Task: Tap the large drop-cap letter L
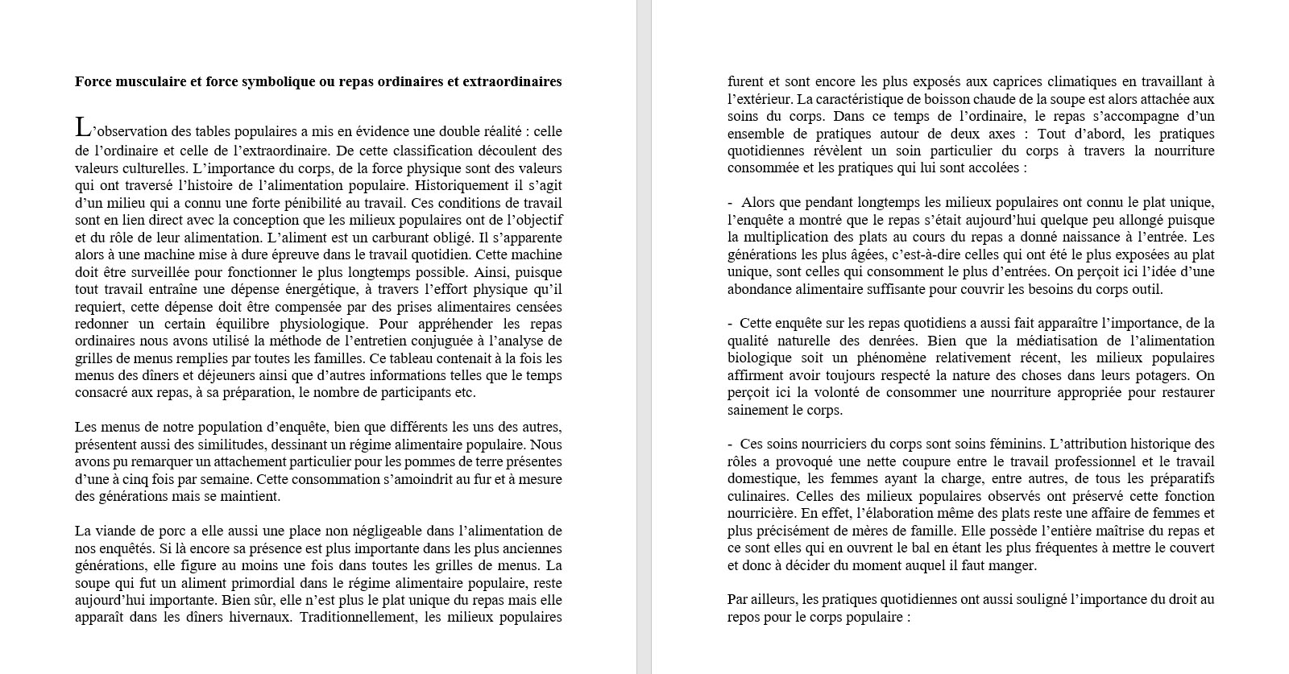point(82,127)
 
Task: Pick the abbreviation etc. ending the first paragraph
point(466,393)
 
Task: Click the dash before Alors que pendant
point(730,202)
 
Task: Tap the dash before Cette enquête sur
point(730,323)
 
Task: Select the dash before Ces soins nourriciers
point(730,444)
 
